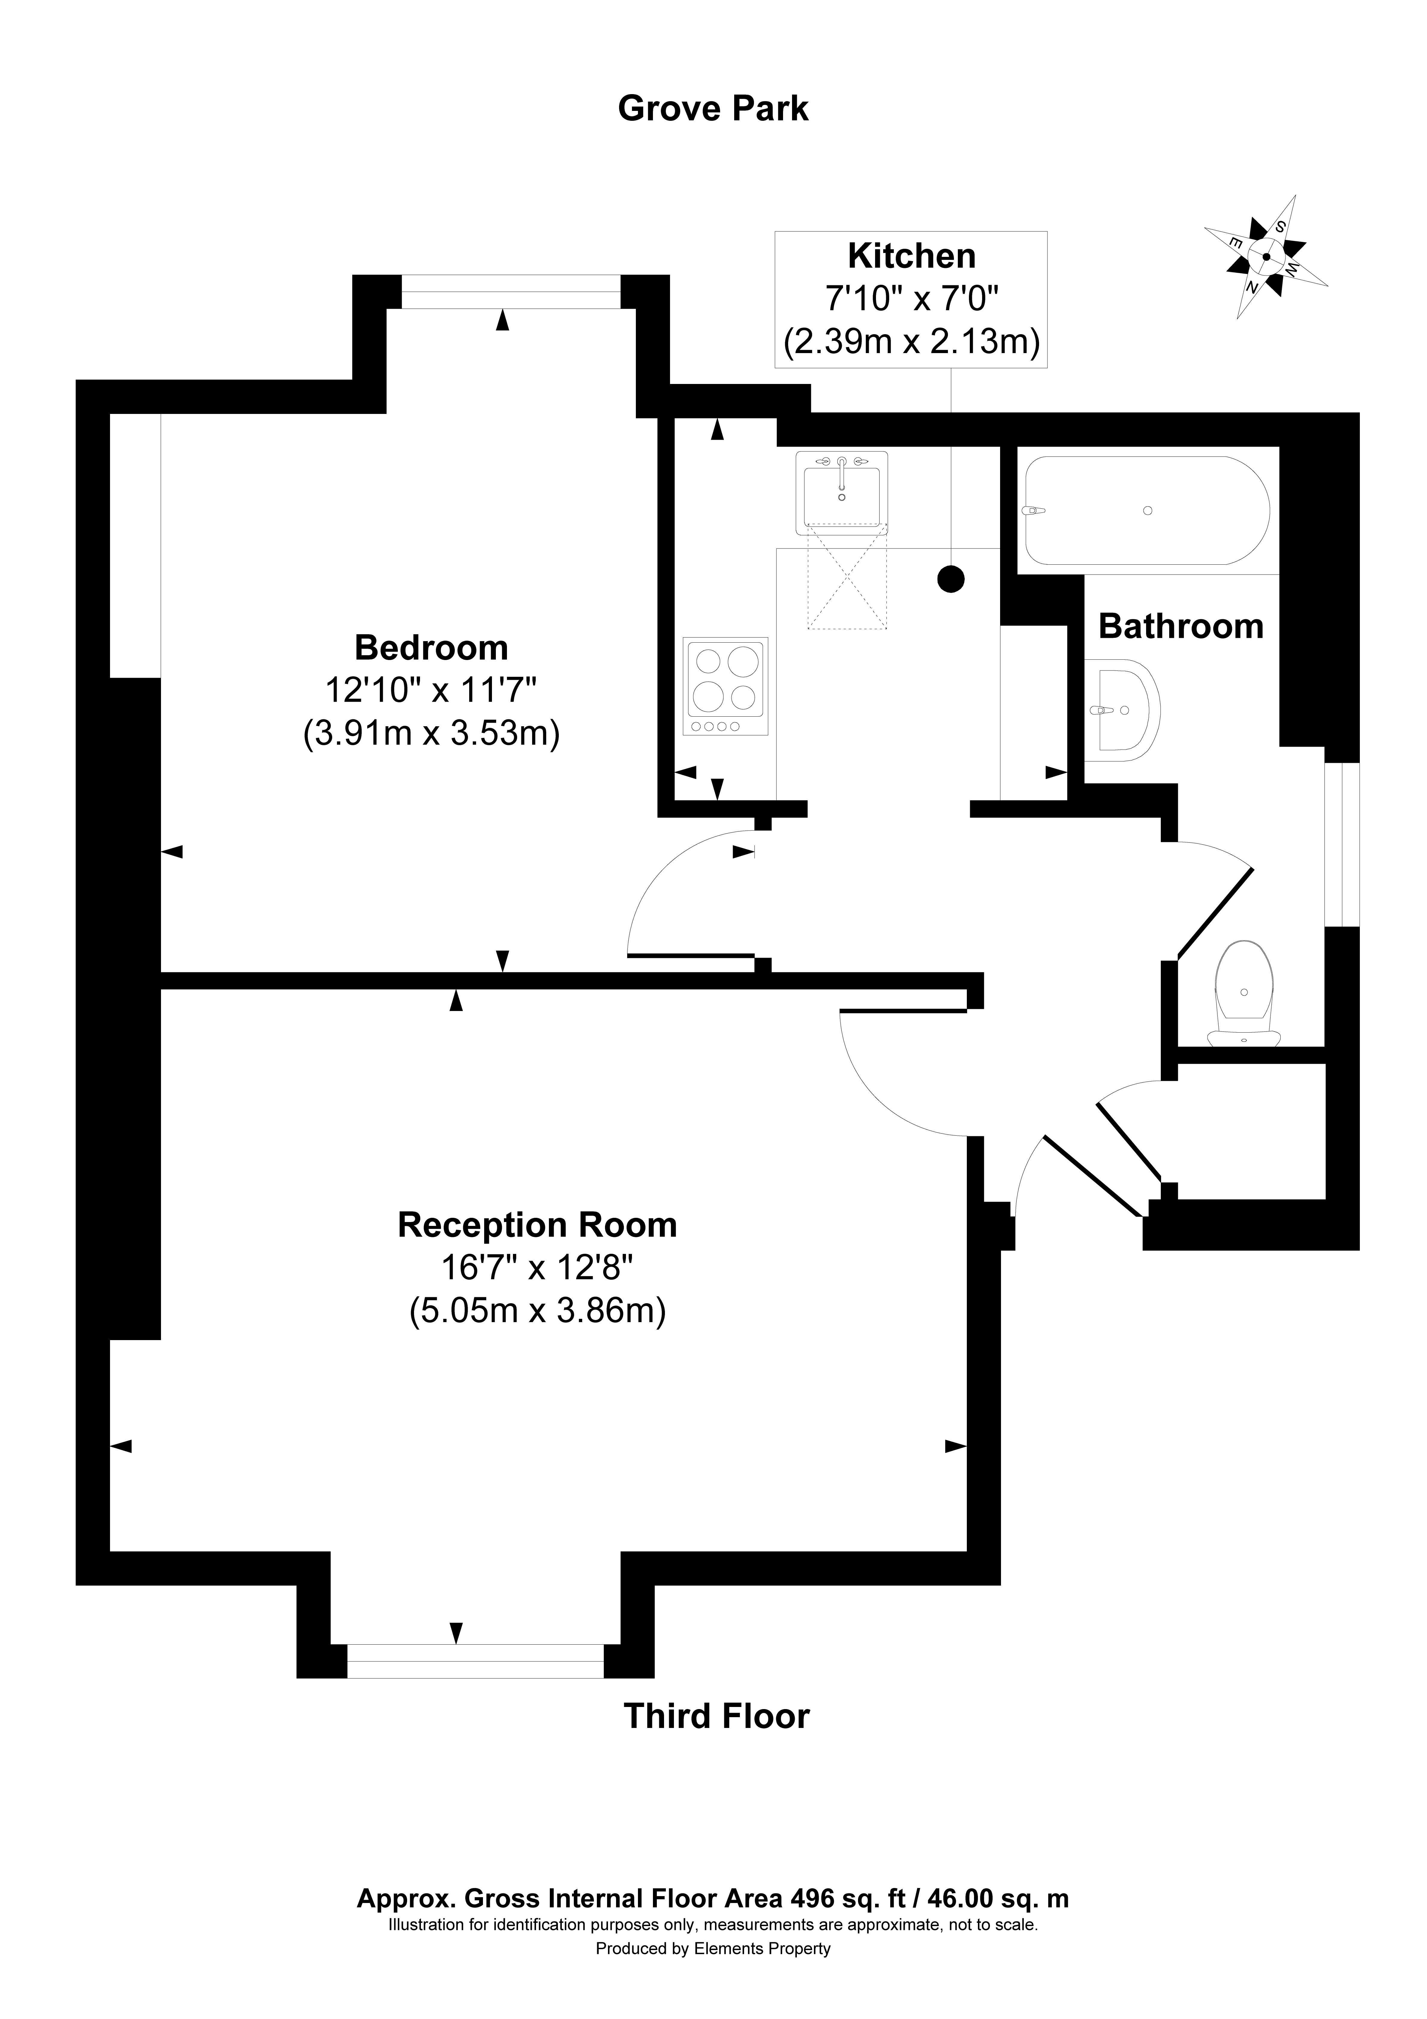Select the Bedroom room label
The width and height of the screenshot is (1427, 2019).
pos(431,648)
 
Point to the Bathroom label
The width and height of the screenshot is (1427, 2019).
pos(1181,626)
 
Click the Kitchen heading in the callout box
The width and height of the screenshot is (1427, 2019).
pos(911,256)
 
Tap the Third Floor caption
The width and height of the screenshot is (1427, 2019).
pos(716,1717)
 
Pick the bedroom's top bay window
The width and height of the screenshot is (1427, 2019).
pos(511,293)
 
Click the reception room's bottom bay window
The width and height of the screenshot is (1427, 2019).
pos(476,1660)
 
